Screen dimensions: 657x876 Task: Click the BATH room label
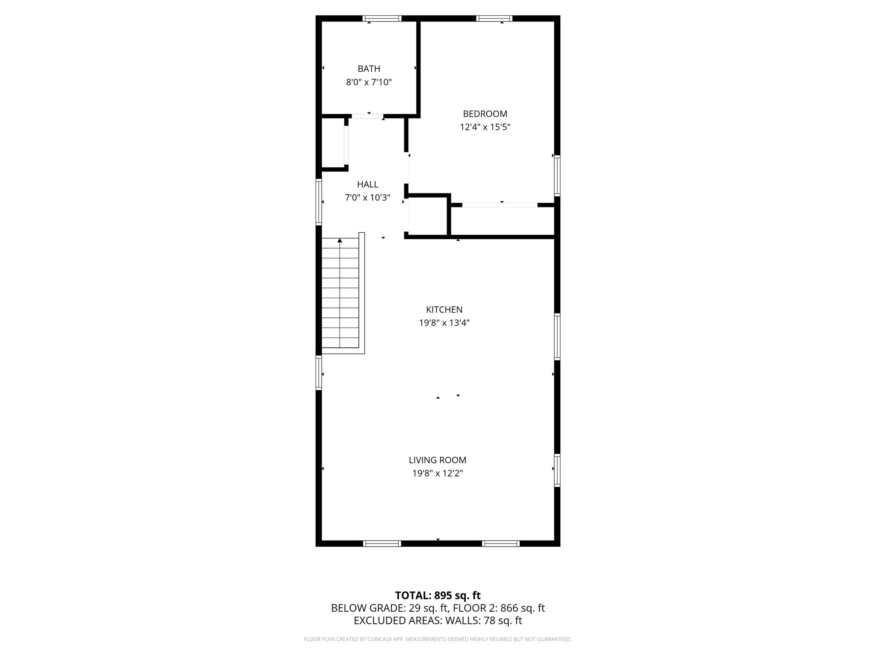tap(369, 69)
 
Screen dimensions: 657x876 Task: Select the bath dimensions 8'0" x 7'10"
tap(369, 82)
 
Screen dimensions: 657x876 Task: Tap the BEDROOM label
tap(485, 114)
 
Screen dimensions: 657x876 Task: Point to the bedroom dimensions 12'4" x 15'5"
tap(485, 127)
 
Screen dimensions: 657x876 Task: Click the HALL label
tap(367, 184)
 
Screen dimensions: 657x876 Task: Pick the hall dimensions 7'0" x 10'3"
tap(367, 198)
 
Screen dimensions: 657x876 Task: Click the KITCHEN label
tap(444, 310)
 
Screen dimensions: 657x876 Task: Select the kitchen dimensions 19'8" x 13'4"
tap(444, 323)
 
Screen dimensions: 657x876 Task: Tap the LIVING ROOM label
tap(437, 460)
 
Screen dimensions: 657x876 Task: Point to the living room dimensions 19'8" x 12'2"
tap(437, 474)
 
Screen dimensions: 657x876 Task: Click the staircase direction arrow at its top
tap(340, 241)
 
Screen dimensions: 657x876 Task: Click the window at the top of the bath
tap(382, 18)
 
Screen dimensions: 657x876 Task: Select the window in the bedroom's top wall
tap(494, 18)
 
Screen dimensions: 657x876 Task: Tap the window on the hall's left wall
tap(319, 202)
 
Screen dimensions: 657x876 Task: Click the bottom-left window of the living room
tap(382, 544)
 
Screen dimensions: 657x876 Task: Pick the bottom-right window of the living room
tap(500, 544)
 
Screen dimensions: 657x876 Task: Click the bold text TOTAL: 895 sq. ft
tap(438, 595)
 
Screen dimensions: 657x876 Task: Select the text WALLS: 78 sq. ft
tap(483, 621)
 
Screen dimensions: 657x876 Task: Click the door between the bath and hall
tap(367, 116)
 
